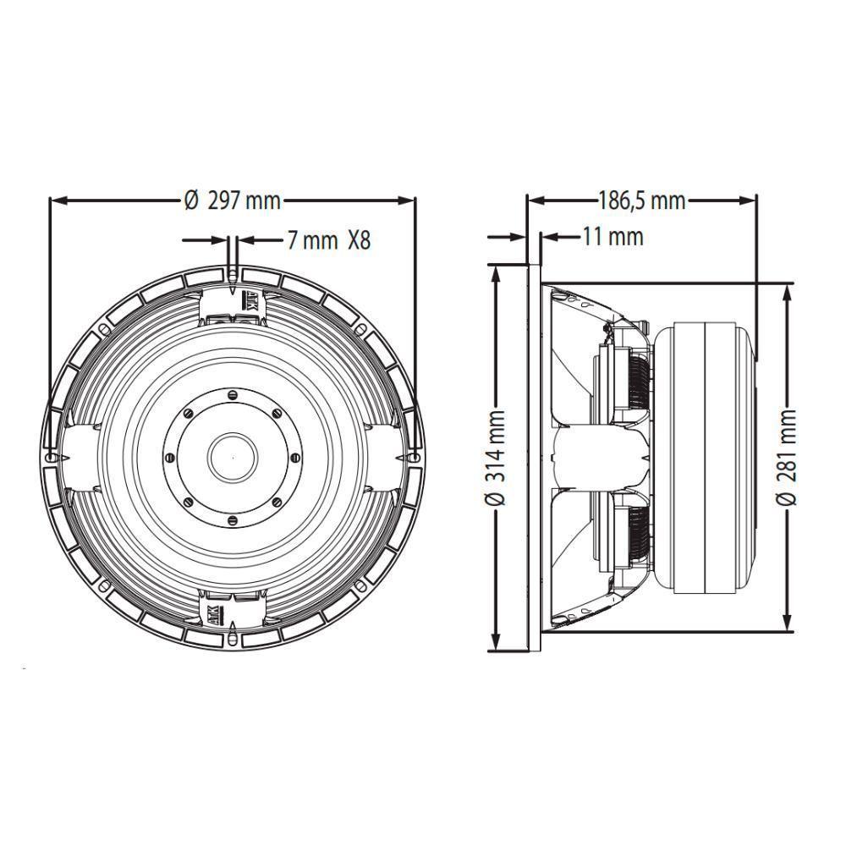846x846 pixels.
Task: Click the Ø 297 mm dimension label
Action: pos(232,201)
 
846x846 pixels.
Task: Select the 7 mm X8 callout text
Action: pos(328,240)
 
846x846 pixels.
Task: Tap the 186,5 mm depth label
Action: pos(641,201)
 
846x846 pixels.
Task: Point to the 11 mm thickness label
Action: pos(612,237)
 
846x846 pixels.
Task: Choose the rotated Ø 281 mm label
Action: pos(788,458)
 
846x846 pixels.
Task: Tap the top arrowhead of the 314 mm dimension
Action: pos(497,271)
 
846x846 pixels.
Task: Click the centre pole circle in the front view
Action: pos(233,456)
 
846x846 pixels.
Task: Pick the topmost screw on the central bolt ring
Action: pos(233,393)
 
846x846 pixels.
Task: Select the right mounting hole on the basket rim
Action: pos(415,457)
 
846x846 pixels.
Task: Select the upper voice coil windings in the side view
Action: pos(638,381)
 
